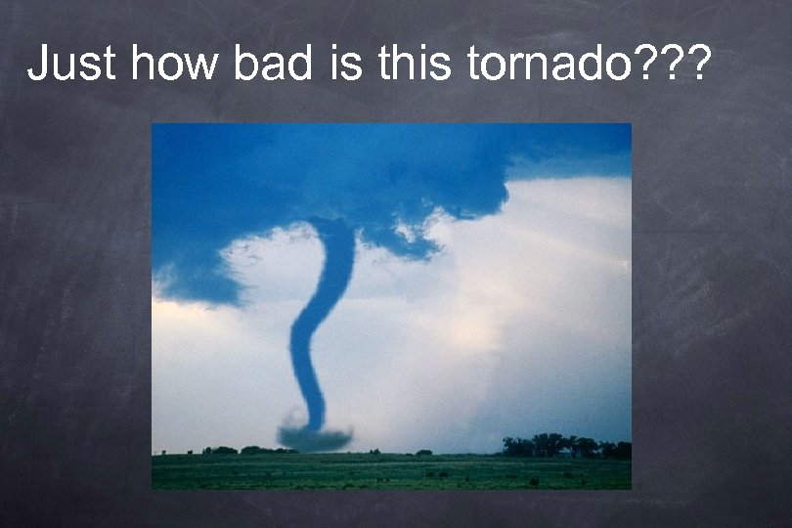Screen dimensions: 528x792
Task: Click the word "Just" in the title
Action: pos(71,64)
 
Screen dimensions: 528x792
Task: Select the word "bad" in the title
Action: pos(272,64)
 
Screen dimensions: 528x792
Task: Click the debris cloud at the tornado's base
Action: pos(314,437)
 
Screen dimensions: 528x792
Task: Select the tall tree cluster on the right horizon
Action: pos(552,445)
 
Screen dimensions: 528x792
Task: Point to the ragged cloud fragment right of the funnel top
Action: pos(411,240)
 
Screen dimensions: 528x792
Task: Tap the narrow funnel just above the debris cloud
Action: pos(314,406)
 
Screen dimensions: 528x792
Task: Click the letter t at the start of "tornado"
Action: pos(473,64)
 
